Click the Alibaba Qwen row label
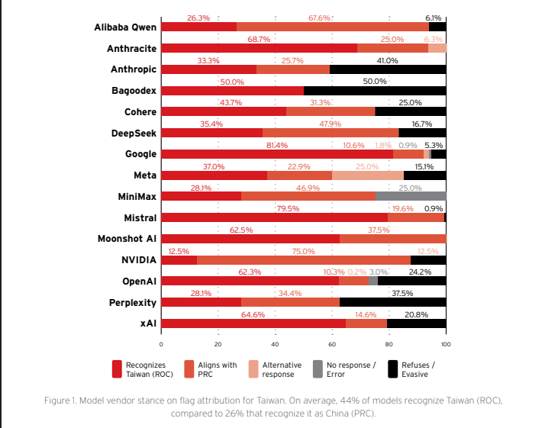click(x=126, y=27)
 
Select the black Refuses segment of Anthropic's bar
click(x=388, y=69)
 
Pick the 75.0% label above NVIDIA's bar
click(x=304, y=251)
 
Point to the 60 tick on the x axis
click(x=332, y=345)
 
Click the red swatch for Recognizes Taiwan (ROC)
click(x=117, y=369)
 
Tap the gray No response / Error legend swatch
click(x=319, y=369)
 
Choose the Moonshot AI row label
click(x=127, y=239)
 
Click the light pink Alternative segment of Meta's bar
click(x=368, y=175)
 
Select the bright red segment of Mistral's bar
click(x=275, y=217)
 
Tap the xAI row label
click(x=148, y=323)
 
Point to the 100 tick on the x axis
click(x=447, y=345)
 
